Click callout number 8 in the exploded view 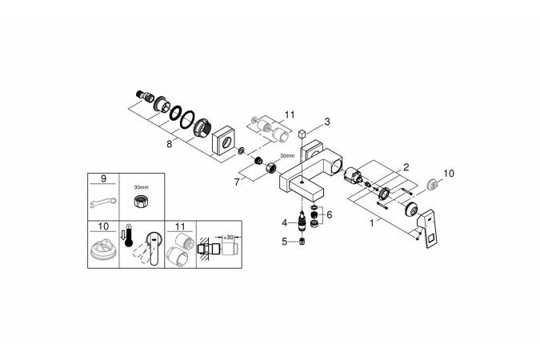coord(169,144)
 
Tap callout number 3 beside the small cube coord(327,122)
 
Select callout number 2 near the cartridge coord(406,167)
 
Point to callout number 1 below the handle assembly coord(371,223)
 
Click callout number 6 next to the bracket coord(330,215)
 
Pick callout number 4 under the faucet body coord(285,223)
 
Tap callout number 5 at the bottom coord(285,242)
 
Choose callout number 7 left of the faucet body coord(237,182)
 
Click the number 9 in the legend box coord(104,178)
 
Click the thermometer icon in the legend coord(129,235)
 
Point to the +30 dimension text coord(228,238)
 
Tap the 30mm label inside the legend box coord(141,187)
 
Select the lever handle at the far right coord(429,227)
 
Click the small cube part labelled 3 coord(302,134)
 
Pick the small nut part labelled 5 coord(302,242)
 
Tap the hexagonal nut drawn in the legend coord(141,201)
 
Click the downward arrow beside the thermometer coord(123,236)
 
